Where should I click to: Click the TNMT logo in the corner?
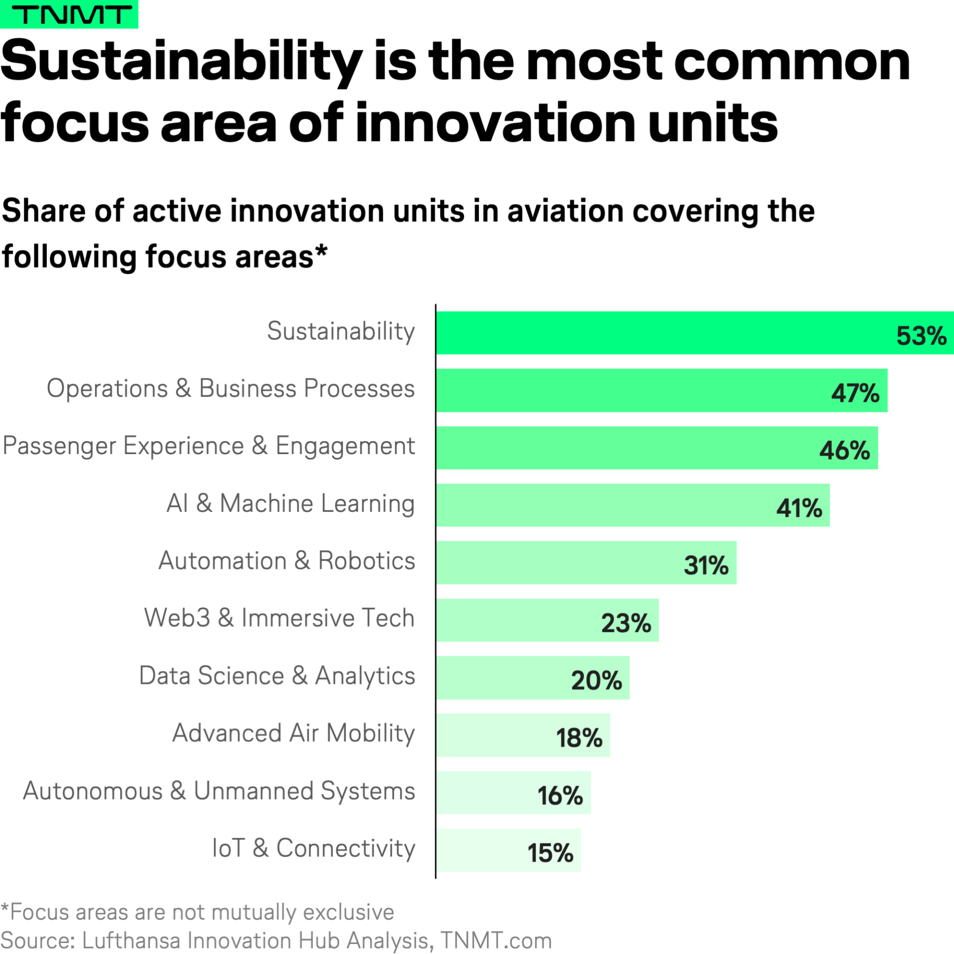coord(70,14)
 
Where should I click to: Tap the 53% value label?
coord(921,336)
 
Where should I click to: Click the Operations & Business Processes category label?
coord(231,389)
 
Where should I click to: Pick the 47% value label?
coord(855,393)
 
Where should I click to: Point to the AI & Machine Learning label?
coord(291,503)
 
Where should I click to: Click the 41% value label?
coord(799,508)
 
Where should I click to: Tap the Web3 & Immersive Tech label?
coord(279,618)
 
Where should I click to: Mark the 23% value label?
coord(626,623)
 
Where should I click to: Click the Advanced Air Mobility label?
coord(294,733)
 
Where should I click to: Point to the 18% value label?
coord(579,738)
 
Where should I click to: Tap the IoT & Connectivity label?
coord(314,848)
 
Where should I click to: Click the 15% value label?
coord(550,853)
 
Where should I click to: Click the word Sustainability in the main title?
coord(181,62)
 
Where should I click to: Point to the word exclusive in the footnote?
coord(348,912)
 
